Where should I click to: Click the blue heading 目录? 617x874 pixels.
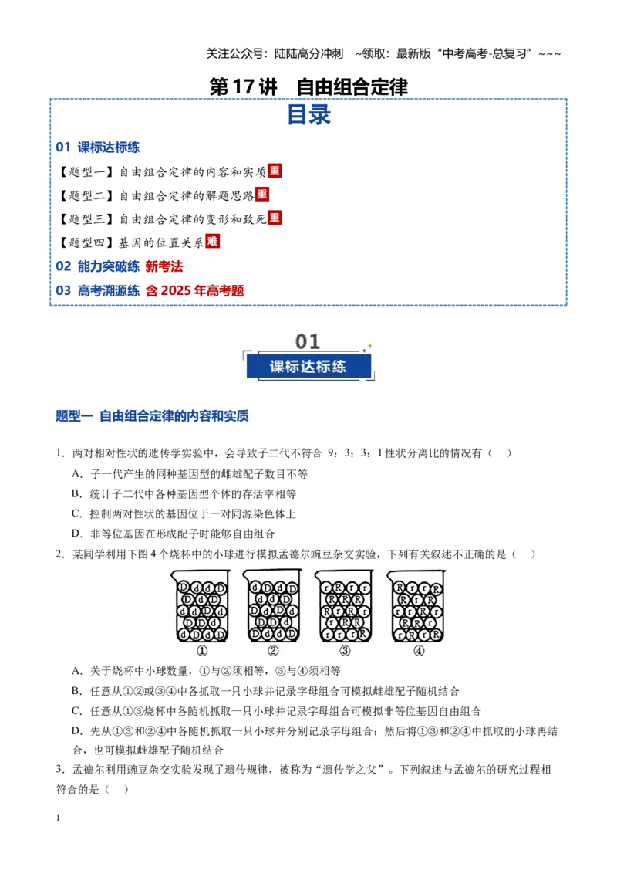pyautogui.click(x=309, y=115)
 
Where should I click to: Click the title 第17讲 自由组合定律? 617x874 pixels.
pyautogui.click(x=308, y=86)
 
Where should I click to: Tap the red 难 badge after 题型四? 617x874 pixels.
pyautogui.click(x=212, y=241)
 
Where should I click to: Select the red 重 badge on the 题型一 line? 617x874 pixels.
pyautogui.click(x=275, y=171)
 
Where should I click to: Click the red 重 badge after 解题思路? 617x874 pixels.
pyautogui.click(x=262, y=194)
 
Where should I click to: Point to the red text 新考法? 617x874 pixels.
pyautogui.click(x=164, y=266)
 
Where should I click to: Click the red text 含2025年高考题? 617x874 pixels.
pyautogui.click(x=195, y=290)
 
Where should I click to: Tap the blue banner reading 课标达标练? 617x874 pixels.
pyautogui.click(x=308, y=366)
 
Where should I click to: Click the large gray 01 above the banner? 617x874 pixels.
pyautogui.click(x=308, y=341)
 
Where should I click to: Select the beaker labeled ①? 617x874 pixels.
pyautogui.click(x=201, y=606)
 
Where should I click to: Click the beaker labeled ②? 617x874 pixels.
pyautogui.click(x=272, y=606)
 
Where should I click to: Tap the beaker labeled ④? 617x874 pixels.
pyautogui.click(x=416, y=606)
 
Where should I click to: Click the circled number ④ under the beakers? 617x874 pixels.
pyautogui.click(x=419, y=651)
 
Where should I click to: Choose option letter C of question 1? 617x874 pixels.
pyautogui.click(x=77, y=513)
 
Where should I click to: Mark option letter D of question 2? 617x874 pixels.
pyautogui.click(x=77, y=730)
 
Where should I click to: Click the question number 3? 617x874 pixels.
pyautogui.click(x=60, y=769)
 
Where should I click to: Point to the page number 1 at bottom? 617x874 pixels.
pyautogui.click(x=58, y=818)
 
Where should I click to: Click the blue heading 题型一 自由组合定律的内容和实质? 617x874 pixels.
pyautogui.click(x=152, y=416)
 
